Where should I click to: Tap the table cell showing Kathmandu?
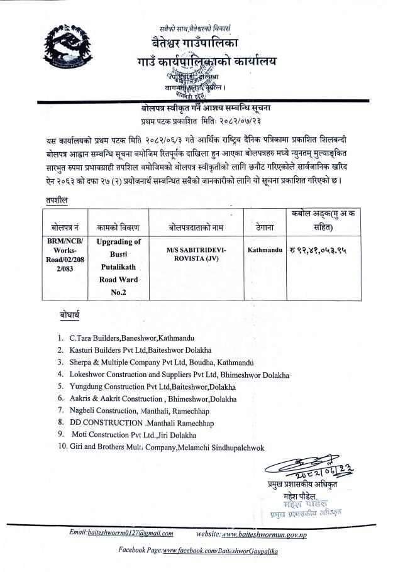point(265,250)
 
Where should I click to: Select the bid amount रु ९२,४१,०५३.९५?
point(318,250)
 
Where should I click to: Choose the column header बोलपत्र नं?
point(61,225)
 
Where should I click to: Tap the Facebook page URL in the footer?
point(220,551)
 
